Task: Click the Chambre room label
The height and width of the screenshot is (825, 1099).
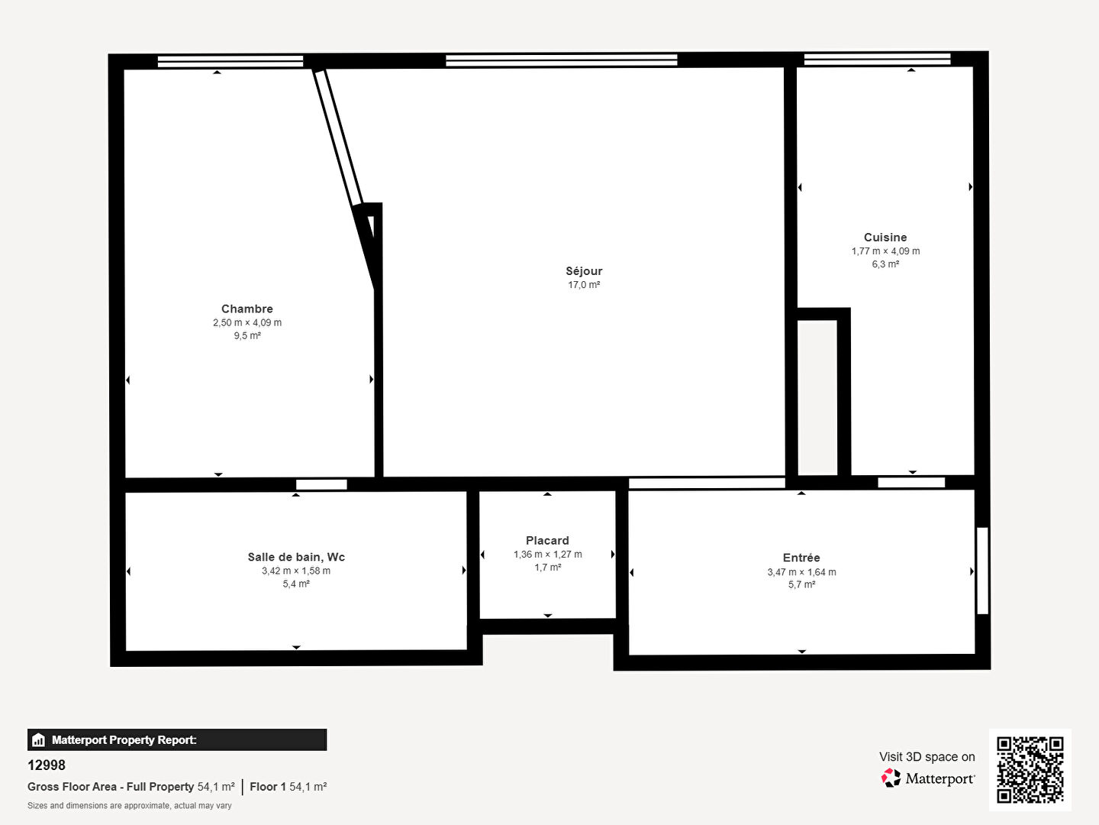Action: pos(247,309)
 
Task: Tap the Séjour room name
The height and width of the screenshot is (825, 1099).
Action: pos(584,271)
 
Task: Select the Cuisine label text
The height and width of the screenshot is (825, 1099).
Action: pos(885,238)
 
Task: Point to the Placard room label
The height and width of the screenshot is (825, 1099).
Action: pos(547,541)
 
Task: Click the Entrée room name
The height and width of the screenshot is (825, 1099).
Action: pos(801,558)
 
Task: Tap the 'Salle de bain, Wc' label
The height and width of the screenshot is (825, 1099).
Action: pos(296,557)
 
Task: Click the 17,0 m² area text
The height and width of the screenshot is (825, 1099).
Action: pos(584,285)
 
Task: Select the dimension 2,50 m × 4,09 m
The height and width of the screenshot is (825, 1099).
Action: pos(247,322)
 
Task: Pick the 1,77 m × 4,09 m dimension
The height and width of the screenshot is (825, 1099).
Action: pos(886,251)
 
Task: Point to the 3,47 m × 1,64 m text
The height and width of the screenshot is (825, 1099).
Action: pos(801,572)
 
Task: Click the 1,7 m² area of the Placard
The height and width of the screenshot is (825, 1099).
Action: pos(548,568)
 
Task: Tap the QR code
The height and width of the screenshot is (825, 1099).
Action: pos(1030,770)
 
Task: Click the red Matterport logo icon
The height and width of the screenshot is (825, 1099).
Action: pos(891,778)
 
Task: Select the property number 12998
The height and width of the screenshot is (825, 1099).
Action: pos(47,765)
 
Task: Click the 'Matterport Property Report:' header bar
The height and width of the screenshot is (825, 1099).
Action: pos(177,740)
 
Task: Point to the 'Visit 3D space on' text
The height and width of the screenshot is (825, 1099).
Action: pos(927,757)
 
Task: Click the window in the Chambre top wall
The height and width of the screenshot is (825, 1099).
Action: pos(230,61)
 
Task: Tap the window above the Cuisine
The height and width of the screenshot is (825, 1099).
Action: pos(877,59)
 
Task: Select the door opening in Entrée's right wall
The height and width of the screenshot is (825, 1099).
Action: pos(982,571)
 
